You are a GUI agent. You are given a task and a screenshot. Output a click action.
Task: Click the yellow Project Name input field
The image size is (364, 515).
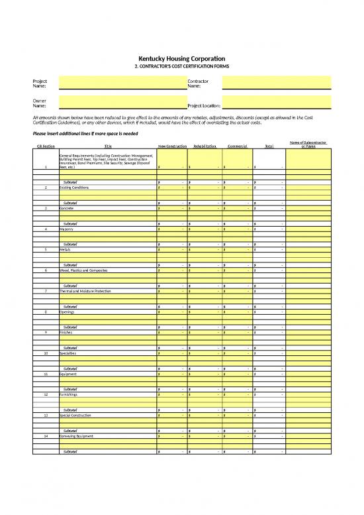(x=122, y=83)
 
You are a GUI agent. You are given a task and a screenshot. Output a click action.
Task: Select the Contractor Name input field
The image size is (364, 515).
(x=276, y=83)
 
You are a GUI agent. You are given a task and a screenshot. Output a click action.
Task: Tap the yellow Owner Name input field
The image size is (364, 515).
(x=122, y=103)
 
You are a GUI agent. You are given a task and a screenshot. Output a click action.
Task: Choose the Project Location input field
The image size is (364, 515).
(x=276, y=104)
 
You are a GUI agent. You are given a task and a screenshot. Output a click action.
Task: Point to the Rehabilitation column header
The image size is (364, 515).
(x=205, y=146)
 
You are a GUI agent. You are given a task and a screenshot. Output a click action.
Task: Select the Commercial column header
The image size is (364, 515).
(x=237, y=146)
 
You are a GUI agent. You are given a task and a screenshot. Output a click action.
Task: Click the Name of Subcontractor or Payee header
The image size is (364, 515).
(x=308, y=144)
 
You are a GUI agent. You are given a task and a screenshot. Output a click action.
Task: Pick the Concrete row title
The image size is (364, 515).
(x=67, y=208)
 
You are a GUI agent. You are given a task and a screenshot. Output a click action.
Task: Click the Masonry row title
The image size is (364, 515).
(x=67, y=229)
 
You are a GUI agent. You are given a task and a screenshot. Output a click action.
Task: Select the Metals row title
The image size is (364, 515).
(x=66, y=249)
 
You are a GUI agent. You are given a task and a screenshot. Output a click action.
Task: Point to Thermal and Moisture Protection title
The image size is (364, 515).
(x=83, y=291)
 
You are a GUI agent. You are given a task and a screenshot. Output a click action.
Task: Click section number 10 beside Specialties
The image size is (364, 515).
(x=46, y=353)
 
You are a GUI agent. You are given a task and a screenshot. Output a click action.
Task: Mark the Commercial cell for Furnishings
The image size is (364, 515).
(x=237, y=394)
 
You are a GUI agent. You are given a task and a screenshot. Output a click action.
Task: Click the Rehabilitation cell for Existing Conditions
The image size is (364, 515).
(x=205, y=188)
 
